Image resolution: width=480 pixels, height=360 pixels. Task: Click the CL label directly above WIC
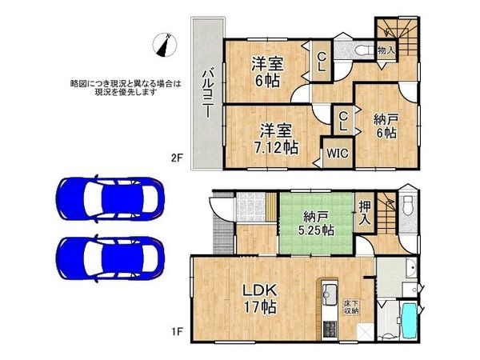(x=342, y=122)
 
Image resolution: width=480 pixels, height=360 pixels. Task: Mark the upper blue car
(x=110, y=198)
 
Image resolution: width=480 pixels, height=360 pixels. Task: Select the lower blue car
(x=110, y=261)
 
